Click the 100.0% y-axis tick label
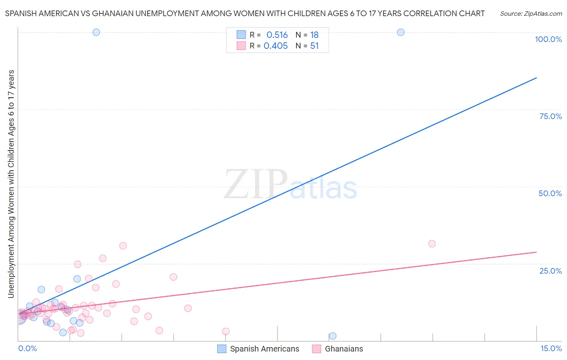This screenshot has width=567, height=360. click(x=548, y=39)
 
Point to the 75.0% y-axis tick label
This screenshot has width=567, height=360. click(x=550, y=116)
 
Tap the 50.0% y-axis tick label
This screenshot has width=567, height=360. click(x=550, y=193)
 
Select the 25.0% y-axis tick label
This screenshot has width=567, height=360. click(x=550, y=270)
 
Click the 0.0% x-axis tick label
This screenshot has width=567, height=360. click(x=27, y=348)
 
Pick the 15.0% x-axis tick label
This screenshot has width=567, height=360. click(x=551, y=348)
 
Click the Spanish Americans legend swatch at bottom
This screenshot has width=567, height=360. click(x=222, y=349)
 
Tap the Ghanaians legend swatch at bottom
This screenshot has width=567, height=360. click(x=317, y=349)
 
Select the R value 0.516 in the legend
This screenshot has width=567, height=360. click(x=277, y=35)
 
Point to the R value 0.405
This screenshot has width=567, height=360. click(x=275, y=46)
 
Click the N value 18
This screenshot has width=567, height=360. click(x=315, y=35)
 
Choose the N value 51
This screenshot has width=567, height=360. click(x=315, y=46)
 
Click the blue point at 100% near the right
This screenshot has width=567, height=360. click(x=400, y=32)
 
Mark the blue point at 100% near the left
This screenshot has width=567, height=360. click(x=96, y=32)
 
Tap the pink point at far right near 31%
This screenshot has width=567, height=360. click(x=432, y=244)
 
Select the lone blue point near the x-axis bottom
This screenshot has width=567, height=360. click(x=333, y=336)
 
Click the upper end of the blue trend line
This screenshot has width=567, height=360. click(x=536, y=77)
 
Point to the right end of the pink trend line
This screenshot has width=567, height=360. click(x=536, y=252)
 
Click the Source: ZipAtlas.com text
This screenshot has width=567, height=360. click(x=531, y=14)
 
